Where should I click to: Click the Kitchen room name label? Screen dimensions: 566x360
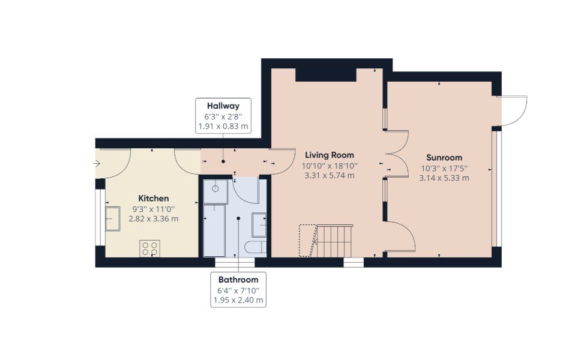click(x=154, y=199)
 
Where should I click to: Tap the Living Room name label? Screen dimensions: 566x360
click(x=330, y=155)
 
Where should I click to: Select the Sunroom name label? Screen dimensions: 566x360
click(x=444, y=158)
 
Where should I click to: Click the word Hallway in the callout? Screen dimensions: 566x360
click(x=223, y=106)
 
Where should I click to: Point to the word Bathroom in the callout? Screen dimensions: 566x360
click(x=238, y=280)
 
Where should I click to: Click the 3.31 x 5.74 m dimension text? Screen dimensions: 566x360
click(x=330, y=176)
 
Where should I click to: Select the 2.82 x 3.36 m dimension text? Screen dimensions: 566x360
click(x=154, y=218)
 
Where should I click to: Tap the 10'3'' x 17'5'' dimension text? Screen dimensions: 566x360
click(x=444, y=168)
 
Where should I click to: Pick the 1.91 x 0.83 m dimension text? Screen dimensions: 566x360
click(x=223, y=127)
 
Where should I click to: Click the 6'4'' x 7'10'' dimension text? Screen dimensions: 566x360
click(x=238, y=290)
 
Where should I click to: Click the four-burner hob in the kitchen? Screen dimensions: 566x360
click(x=150, y=248)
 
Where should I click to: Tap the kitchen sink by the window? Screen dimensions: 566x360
click(x=113, y=218)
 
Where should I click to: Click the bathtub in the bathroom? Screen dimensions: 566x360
click(x=214, y=230)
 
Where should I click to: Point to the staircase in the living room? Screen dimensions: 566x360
click(x=325, y=241)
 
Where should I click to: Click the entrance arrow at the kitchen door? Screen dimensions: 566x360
click(x=97, y=164)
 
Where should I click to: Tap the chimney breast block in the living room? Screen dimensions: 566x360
click(x=326, y=74)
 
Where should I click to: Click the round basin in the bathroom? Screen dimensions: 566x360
click(x=215, y=188)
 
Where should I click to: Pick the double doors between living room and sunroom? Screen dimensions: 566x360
click(x=397, y=154)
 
